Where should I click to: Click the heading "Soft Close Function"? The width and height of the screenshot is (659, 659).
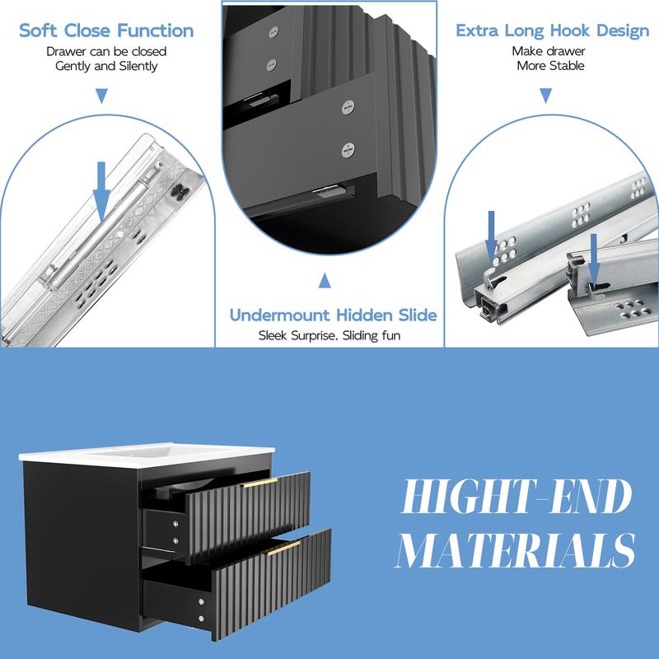[x=106, y=30]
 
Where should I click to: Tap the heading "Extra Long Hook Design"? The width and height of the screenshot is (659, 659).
[x=552, y=30]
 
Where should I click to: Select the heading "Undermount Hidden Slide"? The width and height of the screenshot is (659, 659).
[x=334, y=315]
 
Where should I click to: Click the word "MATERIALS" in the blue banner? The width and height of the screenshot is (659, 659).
[x=516, y=550]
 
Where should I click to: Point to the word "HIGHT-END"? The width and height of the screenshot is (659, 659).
[x=516, y=497]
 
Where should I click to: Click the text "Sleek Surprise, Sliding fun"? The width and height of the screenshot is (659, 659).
[x=329, y=335]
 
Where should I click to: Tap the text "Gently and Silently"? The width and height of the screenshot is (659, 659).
[x=106, y=66]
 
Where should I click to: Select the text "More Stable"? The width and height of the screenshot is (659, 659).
[x=550, y=66]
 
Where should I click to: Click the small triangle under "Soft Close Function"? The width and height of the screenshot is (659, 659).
[x=101, y=96]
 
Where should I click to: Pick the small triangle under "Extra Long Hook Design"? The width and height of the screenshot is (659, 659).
[x=545, y=96]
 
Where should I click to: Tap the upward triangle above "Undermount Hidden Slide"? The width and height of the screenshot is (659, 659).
[x=325, y=280]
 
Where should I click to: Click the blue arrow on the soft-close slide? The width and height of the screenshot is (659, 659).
[x=101, y=191]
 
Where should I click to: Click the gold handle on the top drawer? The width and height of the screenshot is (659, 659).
[x=259, y=483]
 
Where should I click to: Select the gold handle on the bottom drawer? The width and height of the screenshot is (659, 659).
[x=283, y=548]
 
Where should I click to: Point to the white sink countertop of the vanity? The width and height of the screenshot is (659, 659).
[x=147, y=454]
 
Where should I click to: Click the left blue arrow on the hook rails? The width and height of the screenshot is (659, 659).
[x=491, y=236]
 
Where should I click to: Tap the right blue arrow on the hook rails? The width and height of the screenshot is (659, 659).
[x=593, y=259]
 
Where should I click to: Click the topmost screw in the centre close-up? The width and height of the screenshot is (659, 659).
[x=273, y=31]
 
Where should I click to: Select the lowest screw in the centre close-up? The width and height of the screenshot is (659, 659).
[x=348, y=150]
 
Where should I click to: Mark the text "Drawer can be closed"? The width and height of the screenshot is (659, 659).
[x=106, y=51]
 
